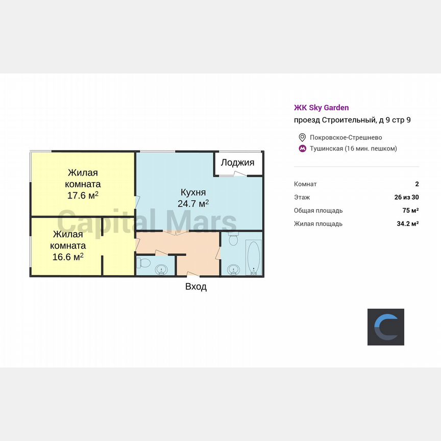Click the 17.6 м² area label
point(83,195)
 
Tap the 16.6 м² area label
point(68,256)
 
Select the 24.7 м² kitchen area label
point(193,204)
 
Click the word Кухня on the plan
point(193,192)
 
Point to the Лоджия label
point(237,163)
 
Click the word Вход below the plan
point(196,287)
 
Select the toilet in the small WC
point(143,263)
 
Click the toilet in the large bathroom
point(234,239)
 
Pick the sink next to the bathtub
point(234,269)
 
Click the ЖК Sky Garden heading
point(322,108)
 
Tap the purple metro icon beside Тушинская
point(302,149)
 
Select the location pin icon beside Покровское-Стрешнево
point(302,137)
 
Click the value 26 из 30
point(406,197)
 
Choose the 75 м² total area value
point(410,210)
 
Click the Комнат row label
point(305,184)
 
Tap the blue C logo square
point(386,327)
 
